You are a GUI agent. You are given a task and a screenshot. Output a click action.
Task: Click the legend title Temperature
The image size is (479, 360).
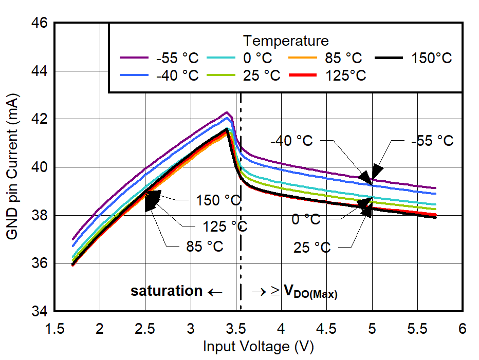click(x=286, y=40)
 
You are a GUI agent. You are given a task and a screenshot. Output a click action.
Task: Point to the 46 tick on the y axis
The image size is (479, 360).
click(x=40, y=23)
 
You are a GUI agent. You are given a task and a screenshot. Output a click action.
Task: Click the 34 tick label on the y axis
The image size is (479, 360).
click(x=40, y=311)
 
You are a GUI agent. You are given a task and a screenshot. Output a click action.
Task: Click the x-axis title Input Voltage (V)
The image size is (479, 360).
click(x=258, y=347)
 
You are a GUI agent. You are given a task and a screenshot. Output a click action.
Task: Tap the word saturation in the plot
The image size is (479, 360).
click(x=167, y=291)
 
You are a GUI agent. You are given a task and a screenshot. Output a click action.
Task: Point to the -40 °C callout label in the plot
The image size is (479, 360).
click(x=292, y=141)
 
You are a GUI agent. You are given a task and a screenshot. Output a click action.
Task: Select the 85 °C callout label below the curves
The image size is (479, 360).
click(x=205, y=247)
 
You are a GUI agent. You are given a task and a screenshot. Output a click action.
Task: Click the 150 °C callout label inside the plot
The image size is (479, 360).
click(x=218, y=200)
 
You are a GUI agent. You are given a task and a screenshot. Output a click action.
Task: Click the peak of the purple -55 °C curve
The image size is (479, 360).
click(x=226, y=112)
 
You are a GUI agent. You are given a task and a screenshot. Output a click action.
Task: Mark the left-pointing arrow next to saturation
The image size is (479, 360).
click(x=215, y=292)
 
